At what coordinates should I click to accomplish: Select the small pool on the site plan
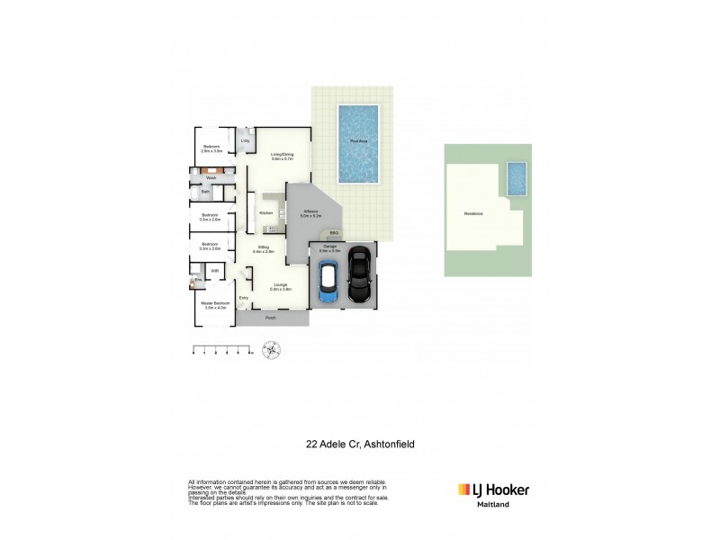pos(517,178)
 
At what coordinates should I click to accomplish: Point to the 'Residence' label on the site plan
pos(474,214)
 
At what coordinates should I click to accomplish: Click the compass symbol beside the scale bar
pos(269,351)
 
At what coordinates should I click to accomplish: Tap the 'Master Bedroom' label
pos(216,304)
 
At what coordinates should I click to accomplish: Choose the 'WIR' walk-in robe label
pos(215,270)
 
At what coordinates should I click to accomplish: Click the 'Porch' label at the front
pos(270,319)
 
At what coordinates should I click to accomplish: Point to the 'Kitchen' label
pos(265,212)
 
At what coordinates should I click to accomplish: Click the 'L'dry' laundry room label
pos(244,140)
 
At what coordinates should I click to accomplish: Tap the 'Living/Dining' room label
pos(282,157)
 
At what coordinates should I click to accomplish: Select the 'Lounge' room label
pos(281,286)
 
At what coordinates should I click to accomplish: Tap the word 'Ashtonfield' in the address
pos(382,443)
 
